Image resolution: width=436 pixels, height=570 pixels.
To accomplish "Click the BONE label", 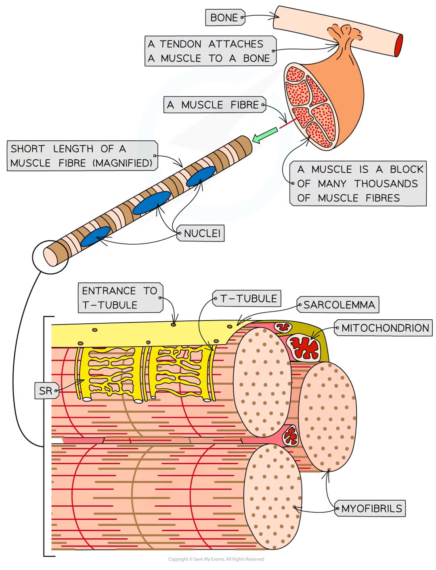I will pos(224,18).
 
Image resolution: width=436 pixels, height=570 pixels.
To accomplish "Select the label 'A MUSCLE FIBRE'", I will pos(214,105).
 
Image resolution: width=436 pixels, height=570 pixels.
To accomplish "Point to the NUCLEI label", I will pos(202,233).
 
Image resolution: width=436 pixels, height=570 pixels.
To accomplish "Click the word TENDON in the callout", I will pos(180,44).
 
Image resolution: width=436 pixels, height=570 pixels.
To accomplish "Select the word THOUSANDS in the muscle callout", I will pos(386,184).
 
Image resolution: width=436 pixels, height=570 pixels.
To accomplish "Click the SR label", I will pos(46,391).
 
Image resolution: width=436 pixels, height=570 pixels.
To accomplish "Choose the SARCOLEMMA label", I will pos(339,305).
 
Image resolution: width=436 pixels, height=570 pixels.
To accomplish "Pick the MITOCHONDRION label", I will pos(385,328).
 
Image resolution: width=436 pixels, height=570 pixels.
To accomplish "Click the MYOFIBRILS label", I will pos(371,509).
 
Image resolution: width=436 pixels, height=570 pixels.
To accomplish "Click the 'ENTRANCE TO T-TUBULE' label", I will pos(119,298).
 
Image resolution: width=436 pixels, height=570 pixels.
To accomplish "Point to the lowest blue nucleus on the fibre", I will pos(95,236).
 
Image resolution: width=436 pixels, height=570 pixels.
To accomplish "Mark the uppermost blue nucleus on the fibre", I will pos(201,176).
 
